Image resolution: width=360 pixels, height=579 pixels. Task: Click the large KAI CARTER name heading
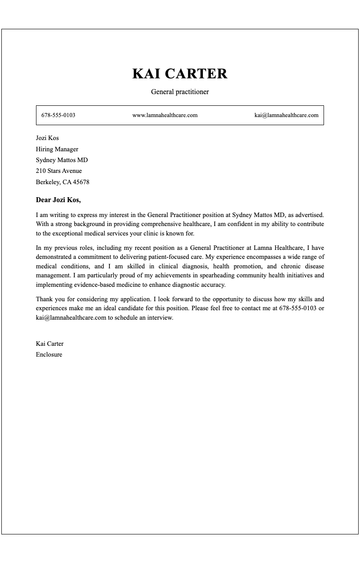[180, 74]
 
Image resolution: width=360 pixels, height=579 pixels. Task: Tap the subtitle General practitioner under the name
[180, 92]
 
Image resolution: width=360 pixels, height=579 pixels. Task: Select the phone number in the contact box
[58, 115]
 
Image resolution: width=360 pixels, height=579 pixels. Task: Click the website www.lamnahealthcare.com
[165, 115]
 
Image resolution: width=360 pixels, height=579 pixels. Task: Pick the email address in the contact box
[286, 115]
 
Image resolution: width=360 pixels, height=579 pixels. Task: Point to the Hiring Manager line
[57, 149]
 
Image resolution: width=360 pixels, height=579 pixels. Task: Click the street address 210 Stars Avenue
[59, 171]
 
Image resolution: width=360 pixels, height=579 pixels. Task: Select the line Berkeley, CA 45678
[63, 182]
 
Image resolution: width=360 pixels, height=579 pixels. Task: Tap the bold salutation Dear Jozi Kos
[58, 200]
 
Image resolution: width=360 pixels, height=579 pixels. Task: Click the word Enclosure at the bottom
[49, 355]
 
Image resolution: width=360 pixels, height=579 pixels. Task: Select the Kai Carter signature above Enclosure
[49, 344]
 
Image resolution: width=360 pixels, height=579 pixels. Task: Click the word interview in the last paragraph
[159, 318]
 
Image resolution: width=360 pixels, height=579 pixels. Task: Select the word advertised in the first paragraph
[309, 215]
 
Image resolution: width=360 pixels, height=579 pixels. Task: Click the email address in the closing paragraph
[71, 318]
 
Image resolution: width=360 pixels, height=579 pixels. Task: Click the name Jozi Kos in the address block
[47, 138]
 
